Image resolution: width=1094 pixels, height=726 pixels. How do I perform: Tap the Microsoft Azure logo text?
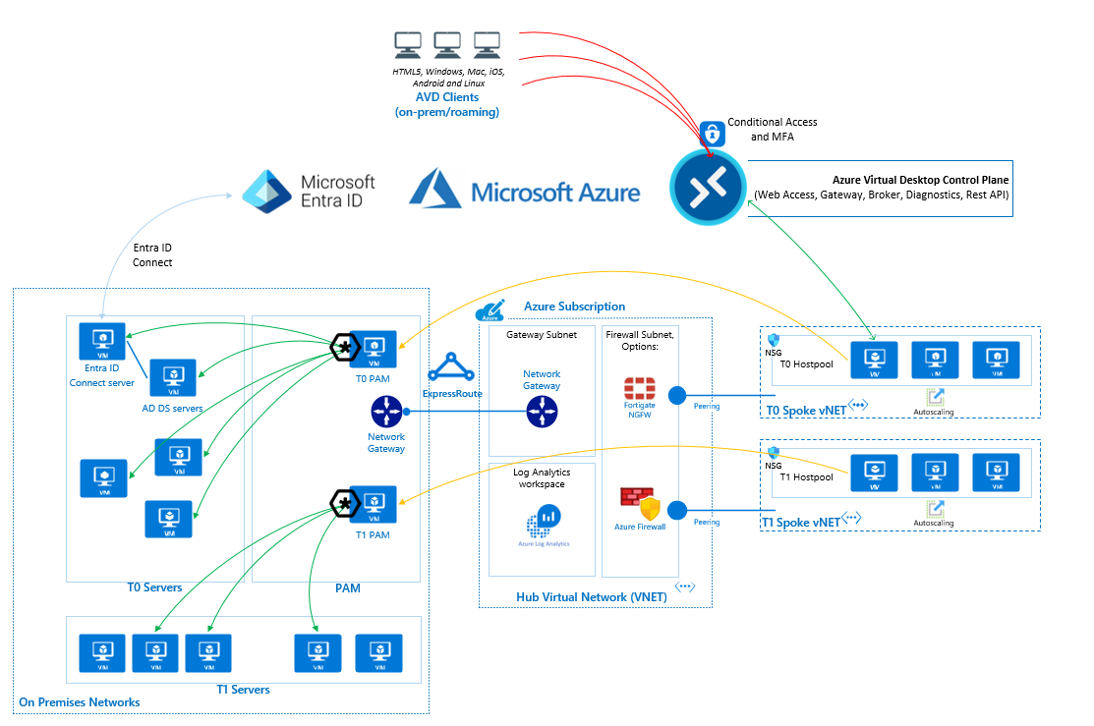pos(555,192)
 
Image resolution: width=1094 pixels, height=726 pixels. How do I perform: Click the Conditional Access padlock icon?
pos(712,132)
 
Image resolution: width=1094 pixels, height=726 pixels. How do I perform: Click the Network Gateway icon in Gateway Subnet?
pos(542,411)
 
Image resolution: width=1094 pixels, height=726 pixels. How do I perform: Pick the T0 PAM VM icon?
pos(374,348)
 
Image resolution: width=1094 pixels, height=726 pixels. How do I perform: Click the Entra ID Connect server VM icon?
pos(102,341)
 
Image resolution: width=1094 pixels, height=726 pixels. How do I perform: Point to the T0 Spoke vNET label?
pos(801,409)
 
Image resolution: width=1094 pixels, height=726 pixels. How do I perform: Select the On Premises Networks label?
pos(80,702)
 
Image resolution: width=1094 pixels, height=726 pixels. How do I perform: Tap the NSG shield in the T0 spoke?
pos(773,339)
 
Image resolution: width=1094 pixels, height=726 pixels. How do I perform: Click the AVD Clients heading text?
pos(447,97)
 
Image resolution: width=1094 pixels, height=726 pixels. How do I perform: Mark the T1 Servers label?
pos(243,690)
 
